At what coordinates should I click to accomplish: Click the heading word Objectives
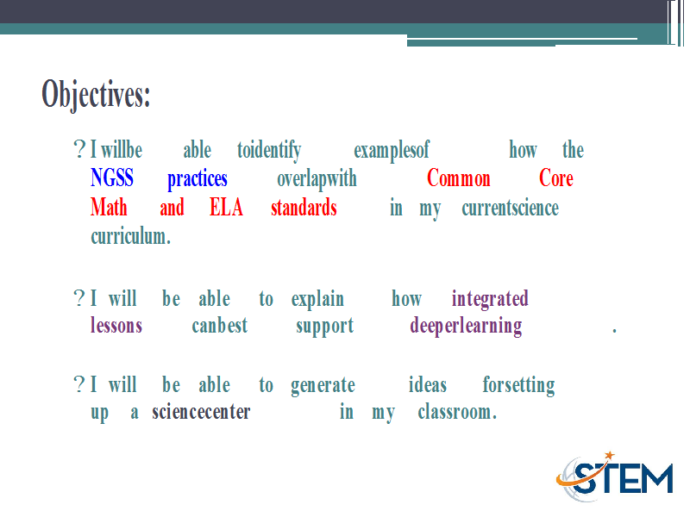tap(96, 94)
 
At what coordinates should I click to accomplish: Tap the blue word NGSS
tap(112, 178)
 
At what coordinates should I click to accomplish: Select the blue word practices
tap(198, 179)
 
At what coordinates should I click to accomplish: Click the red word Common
tap(459, 178)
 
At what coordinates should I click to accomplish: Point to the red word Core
tap(556, 178)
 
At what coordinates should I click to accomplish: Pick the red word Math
tap(109, 207)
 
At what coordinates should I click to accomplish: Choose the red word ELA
tap(226, 207)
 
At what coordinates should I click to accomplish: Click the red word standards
tap(304, 207)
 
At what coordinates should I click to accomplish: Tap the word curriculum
tap(131, 236)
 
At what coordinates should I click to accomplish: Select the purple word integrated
tap(490, 300)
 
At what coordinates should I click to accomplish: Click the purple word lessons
tap(116, 326)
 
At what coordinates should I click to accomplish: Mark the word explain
tap(317, 300)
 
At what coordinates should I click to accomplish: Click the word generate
tap(323, 386)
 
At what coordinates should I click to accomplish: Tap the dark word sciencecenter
tap(201, 412)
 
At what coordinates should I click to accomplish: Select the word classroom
tap(457, 412)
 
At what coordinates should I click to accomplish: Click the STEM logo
tap(614, 477)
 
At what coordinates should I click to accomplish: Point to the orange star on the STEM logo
tap(610, 455)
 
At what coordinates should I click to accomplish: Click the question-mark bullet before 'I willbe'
tap(79, 149)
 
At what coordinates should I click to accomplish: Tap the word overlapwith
tap(317, 179)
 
